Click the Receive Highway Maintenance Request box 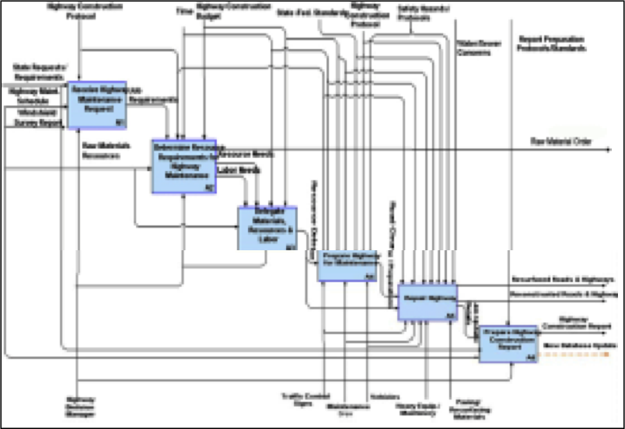tap(98, 104)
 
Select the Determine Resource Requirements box tap(183, 166)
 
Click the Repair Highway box tap(427, 302)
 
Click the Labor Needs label tap(228, 169)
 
